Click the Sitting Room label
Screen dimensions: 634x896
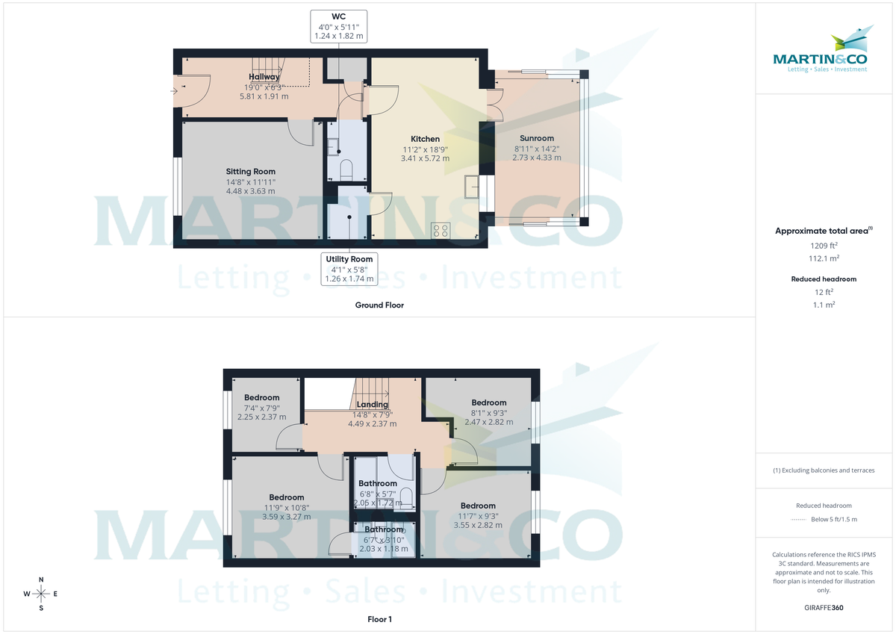click(250, 172)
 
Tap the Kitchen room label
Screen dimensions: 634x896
click(425, 139)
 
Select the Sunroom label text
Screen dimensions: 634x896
click(536, 138)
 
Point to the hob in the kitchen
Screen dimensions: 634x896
click(440, 230)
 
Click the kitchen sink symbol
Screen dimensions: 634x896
click(472, 184)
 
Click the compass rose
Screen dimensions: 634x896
click(41, 594)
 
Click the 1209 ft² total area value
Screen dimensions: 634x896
click(824, 245)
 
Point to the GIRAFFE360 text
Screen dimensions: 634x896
click(824, 608)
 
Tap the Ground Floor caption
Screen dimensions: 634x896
click(379, 305)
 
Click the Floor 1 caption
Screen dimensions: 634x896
click(379, 619)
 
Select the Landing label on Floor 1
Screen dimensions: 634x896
click(372, 405)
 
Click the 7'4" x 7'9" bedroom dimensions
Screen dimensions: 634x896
click(261, 408)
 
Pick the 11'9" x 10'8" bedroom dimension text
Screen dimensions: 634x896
click(287, 508)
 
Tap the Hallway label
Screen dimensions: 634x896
click(264, 77)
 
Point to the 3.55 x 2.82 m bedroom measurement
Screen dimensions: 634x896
click(478, 525)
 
